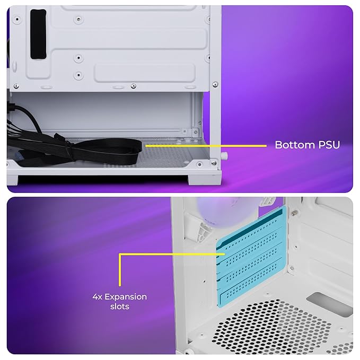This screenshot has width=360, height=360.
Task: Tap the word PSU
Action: [x=329, y=145]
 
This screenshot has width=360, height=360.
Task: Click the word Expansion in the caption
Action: [x=126, y=297]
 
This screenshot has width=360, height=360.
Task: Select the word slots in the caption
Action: [x=120, y=306]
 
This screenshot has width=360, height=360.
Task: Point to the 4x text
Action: [x=98, y=297]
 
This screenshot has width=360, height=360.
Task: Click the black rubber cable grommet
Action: [x=38, y=34]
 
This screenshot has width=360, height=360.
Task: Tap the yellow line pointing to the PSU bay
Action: [x=206, y=146]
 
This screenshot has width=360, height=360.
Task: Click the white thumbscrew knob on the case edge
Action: [x=225, y=156]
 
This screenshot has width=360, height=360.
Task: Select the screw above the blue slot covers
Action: [x=293, y=213]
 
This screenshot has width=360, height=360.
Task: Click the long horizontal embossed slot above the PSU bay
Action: [x=145, y=73]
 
